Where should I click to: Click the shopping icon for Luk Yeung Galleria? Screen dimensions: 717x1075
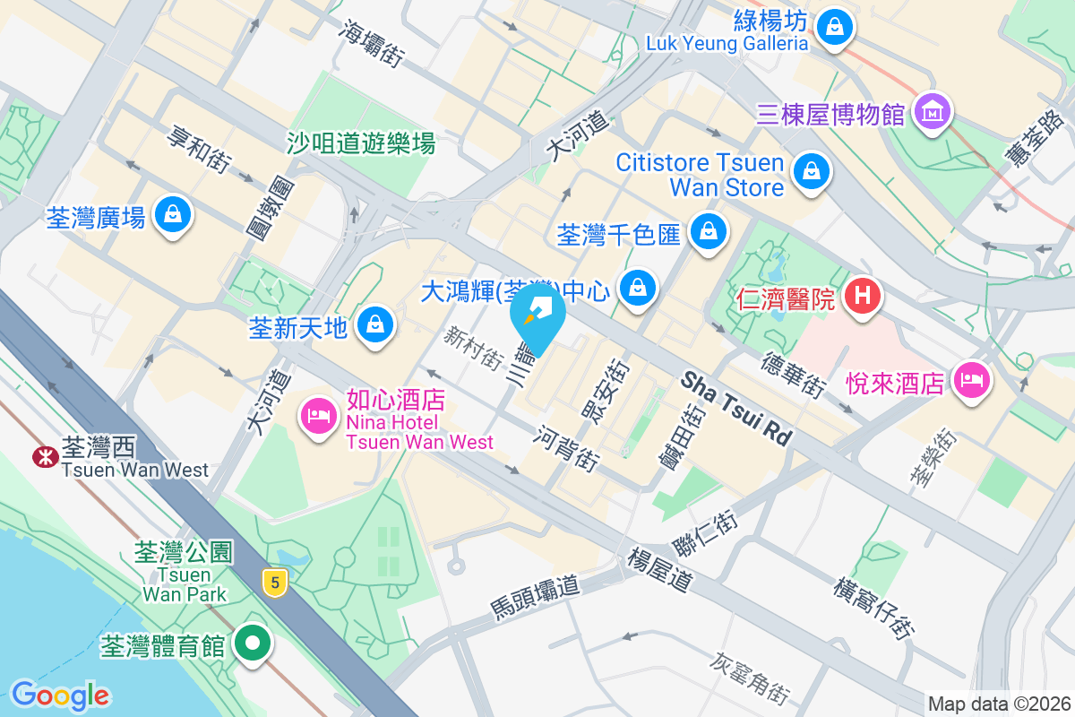coord(835,26)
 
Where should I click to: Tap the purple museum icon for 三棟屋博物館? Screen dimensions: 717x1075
coord(932,112)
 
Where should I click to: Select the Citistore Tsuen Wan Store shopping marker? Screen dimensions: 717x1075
coord(811,170)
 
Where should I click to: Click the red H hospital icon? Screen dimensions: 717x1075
coord(863,295)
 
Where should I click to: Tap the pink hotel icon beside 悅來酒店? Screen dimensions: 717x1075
coord(972,380)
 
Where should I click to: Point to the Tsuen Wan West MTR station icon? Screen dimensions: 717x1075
coord(42,456)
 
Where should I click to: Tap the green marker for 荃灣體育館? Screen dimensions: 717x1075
coord(254,644)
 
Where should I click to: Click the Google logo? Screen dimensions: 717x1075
coord(60,695)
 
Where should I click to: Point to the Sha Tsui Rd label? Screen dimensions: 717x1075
coord(737,410)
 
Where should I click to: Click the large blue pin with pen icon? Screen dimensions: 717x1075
coord(537,315)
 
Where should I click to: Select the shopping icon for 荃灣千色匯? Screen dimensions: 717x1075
coord(709,232)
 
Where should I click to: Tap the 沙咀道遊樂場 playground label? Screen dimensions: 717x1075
coord(361,142)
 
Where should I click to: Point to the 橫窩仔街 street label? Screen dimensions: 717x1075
coord(873,608)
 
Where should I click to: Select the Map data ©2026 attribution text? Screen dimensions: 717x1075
coord(998,704)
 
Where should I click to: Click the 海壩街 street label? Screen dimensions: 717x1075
coord(371,42)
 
